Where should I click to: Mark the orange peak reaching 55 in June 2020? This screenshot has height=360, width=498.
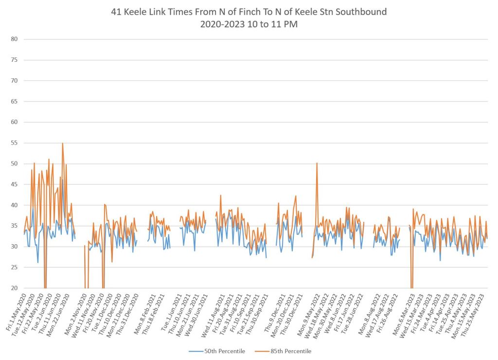pyautogui.click(x=63, y=144)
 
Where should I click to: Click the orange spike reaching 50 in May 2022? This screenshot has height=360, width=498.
pyautogui.click(x=317, y=163)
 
